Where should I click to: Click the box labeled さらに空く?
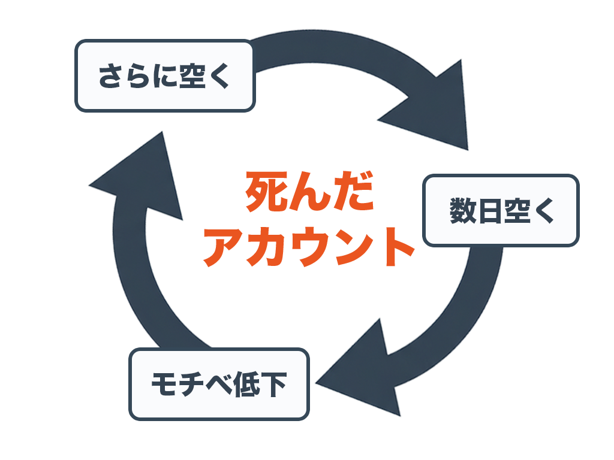165,76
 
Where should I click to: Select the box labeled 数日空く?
501,211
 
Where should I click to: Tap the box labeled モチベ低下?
219,384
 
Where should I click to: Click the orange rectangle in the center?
305,218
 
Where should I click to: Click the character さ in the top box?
110,77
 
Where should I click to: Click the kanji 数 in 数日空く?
462,211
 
